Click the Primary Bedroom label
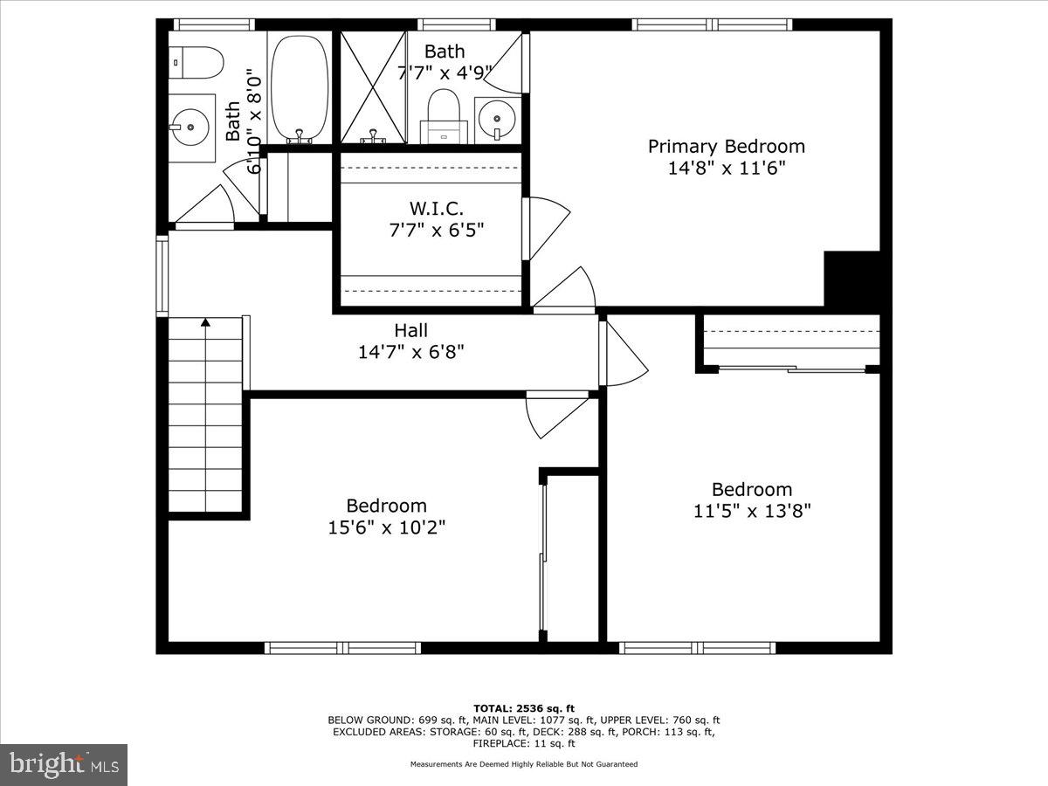[x=726, y=147]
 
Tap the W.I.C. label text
[x=436, y=209]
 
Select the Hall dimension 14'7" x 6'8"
[x=410, y=352]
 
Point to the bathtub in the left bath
[x=300, y=87]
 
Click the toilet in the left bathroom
[x=196, y=62]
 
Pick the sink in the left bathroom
[x=190, y=128]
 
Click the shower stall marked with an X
[x=373, y=87]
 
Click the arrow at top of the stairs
[x=205, y=322]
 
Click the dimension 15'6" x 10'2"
[x=386, y=527]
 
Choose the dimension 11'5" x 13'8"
[x=752, y=511]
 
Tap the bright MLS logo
[x=64, y=765]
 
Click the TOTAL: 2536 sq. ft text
[x=523, y=708]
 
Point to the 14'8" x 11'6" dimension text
[x=726, y=168]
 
